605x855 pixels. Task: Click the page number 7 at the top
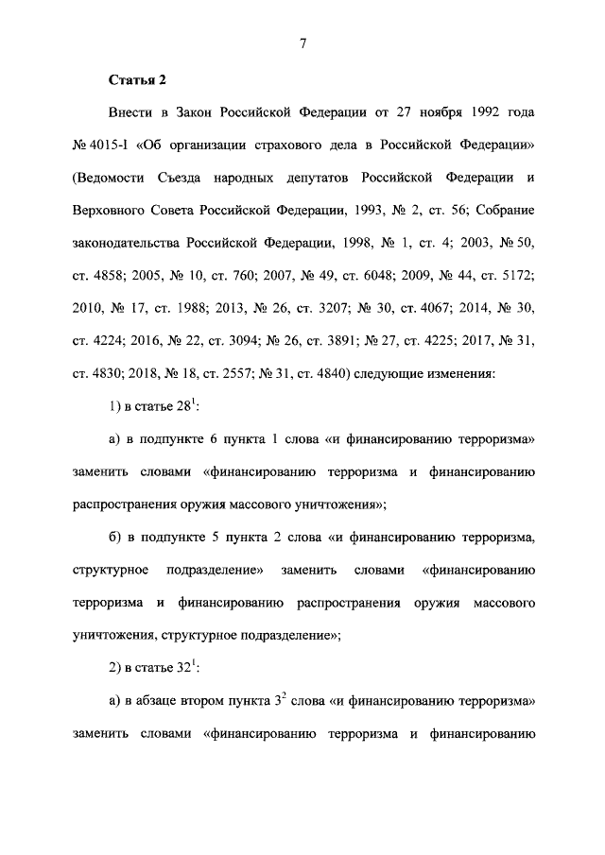click(x=303, y=43)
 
